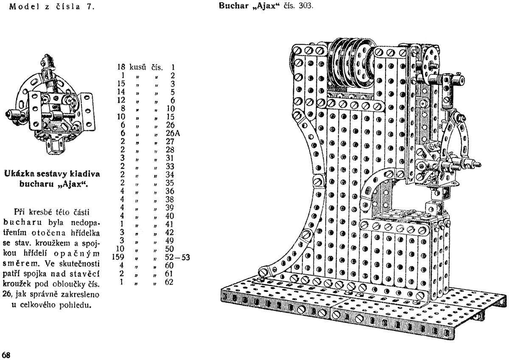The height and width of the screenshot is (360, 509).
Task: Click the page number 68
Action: click(6, 355)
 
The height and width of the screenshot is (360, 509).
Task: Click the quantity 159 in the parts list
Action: click(117, 256)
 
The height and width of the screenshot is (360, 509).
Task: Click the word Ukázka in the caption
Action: click(19, 173)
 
